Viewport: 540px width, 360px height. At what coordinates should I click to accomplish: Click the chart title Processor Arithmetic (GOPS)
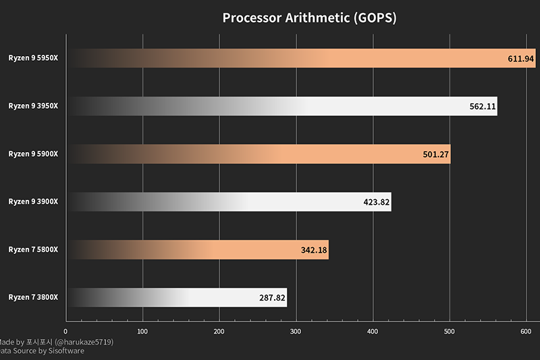[x=309, y=18]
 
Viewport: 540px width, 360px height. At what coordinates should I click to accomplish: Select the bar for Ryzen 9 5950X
[x=297, y=58]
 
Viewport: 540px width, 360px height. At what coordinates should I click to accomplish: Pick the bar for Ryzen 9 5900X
[x=259, y=154]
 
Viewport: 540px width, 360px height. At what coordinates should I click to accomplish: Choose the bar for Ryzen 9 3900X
[x=230, y=202]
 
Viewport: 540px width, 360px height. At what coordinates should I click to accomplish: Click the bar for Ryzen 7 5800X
[x=198, y=250]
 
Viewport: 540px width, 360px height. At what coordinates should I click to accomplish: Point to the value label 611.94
[x=520, y=59]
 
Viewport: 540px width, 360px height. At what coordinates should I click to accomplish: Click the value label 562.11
[x=482, y=107]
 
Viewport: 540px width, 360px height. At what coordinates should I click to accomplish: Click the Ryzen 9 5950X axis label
[x=33, y=58]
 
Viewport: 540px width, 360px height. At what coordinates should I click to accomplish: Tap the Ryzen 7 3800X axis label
[x=33, y=298]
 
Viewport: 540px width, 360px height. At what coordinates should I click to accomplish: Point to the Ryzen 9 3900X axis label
[x=33, y=202]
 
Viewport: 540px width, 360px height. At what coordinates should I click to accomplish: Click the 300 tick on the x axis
[x=296, y=332]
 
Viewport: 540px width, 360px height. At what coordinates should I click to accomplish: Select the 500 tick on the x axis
[x=450, y=332]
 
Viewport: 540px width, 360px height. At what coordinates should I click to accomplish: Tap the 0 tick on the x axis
[x=65, y=332]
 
